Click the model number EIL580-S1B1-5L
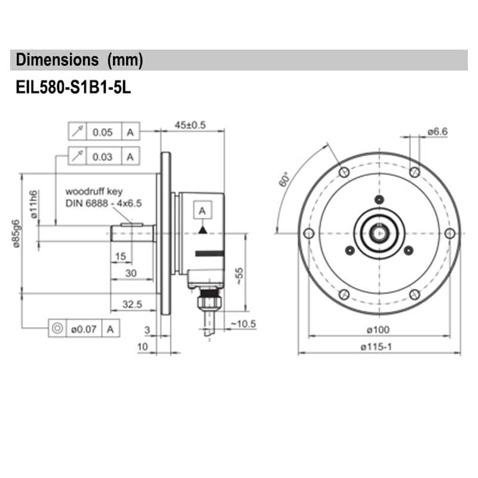(x=72, y=87)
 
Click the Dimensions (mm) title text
(x=79, y=60)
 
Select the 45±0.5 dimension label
(x=190, y=125)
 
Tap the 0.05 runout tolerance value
(x=103, y=132)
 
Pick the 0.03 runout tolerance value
(x=103, y=157)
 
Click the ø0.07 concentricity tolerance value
(x=83, y=328)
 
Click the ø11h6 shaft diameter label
(x=34, y=203)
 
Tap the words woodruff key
(x=94, y=192)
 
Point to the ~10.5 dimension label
(x=243, y=324)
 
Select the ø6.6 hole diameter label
(x=437, y=131)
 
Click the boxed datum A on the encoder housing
(x=203, y=211)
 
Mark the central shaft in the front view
(x=379, y=233)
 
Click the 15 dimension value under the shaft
(x=120, y=256)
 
